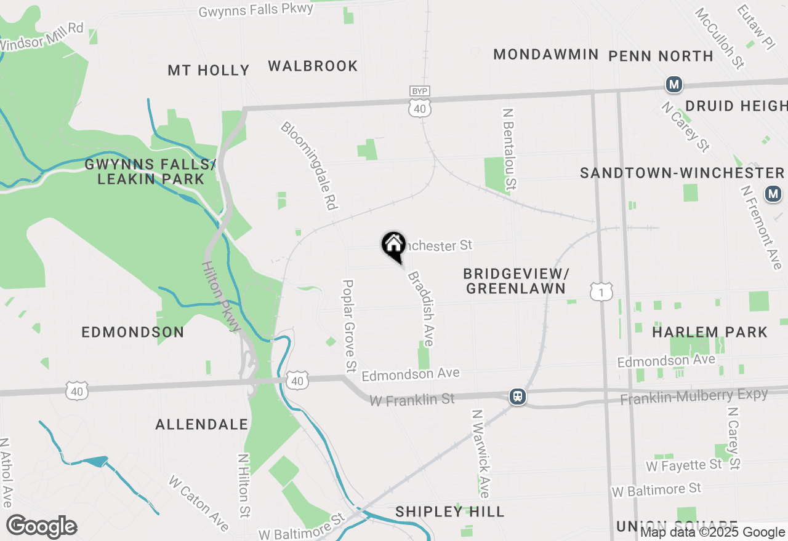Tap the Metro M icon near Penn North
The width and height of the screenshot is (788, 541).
tap(674, 84)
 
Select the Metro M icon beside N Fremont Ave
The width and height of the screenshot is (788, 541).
tap(773, 194)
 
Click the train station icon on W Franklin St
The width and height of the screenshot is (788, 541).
tap(518, 397)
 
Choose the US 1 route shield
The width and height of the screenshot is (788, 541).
tap(601, 291)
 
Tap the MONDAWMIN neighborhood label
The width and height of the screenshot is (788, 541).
tap(545, 55)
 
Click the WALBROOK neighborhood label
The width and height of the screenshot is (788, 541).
tap(313, 66)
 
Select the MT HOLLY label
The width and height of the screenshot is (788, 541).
tap(209, 71)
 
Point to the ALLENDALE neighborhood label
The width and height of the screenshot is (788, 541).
tap(201, 424)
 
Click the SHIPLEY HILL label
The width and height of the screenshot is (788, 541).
tap(450, 511)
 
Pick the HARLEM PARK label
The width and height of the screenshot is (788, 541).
tap(710, 332)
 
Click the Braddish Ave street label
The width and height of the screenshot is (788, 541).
tap(421, 309)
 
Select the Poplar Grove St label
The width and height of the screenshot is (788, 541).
tap(349, 326)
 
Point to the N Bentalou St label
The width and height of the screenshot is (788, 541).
tap(509, 149)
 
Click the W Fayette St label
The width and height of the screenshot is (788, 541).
tap(683, 465)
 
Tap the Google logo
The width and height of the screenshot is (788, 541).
tap(41, 527)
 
